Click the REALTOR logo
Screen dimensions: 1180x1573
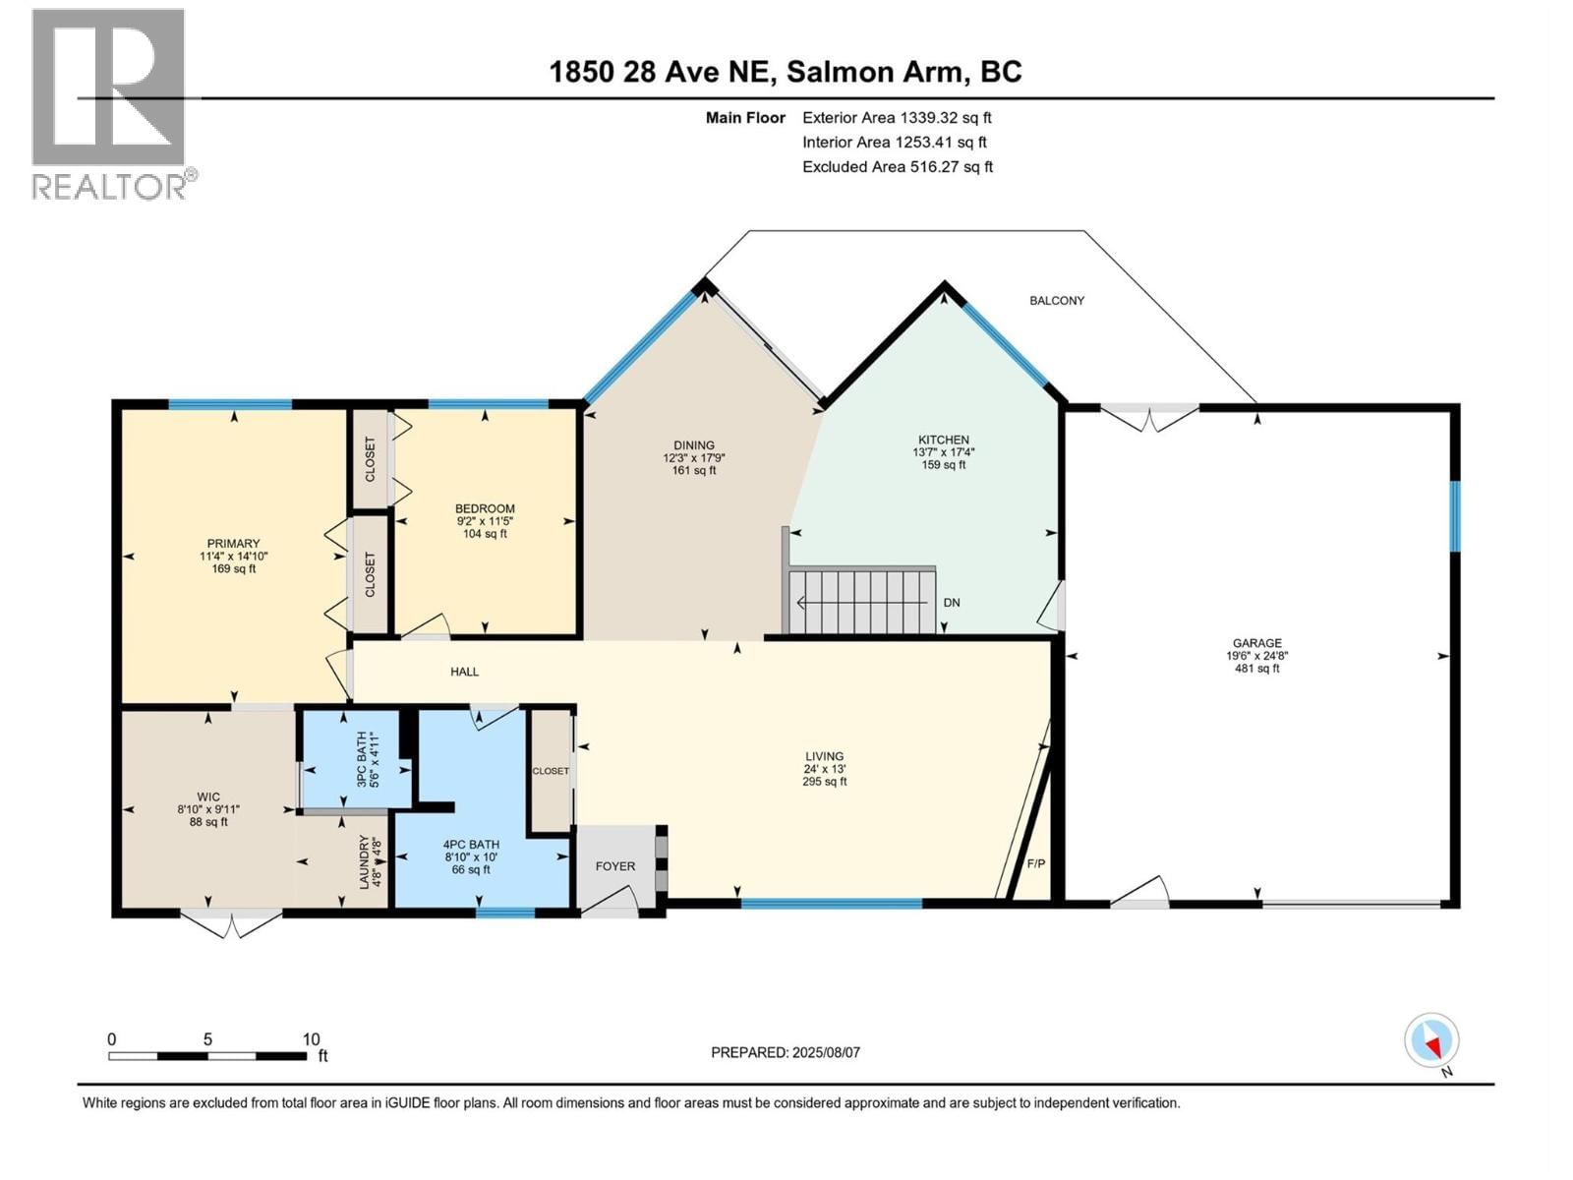[108, 103]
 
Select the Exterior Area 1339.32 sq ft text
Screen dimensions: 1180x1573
[897, 117]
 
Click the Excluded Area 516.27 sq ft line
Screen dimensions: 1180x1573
[897, 166]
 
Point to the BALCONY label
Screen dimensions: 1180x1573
[1057, 300]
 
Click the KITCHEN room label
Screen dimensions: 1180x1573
[943, 440]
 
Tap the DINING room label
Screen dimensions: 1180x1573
[694, 445]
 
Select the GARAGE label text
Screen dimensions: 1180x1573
[1256, 643]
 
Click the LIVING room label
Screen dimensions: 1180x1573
[824, 756]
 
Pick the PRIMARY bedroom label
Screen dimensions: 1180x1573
[233, 544]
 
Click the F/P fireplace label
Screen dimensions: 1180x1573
[1036, 863]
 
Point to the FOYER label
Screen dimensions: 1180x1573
[615, 866]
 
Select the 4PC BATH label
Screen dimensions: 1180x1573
[471, 845]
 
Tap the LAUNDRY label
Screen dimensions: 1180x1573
[364, 861]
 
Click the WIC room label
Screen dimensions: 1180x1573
[207, 797]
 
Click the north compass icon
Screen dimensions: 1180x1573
[1431, 1040]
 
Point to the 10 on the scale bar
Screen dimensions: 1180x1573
[311, 1039]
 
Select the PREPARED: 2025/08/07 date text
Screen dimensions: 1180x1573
[785, 1052]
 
